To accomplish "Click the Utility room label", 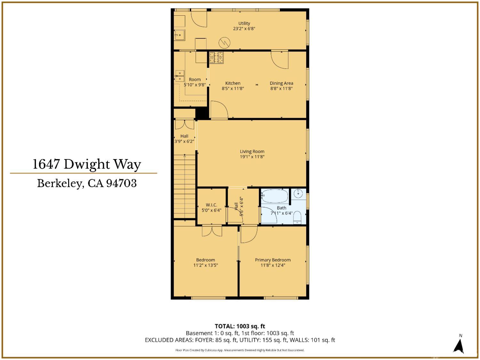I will tap(244, 23).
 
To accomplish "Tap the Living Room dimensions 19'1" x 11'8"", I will tap(252, 157).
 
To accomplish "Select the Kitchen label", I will tap(233, 83).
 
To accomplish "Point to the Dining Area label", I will tap(281, 83).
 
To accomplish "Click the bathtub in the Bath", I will tap(275, 196).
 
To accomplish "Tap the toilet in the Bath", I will tap(297, 217).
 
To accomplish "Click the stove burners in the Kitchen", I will tap(216, 57).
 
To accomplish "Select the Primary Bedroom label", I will tap(273, 260).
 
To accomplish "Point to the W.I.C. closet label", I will tap(211, 205).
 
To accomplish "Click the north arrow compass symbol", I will tap(460, 346).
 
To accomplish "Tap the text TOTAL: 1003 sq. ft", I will tap(240, 326).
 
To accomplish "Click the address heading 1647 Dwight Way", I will tap(87, 164).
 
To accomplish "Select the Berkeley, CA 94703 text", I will tap(87, 183).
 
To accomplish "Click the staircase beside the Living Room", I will tap(185, 186).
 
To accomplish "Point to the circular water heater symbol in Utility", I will tap(225, 43).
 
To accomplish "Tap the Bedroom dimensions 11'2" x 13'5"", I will tap(205, 265).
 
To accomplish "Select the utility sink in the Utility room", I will tap(180, 35).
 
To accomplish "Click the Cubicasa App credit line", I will tap(240, 350).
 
